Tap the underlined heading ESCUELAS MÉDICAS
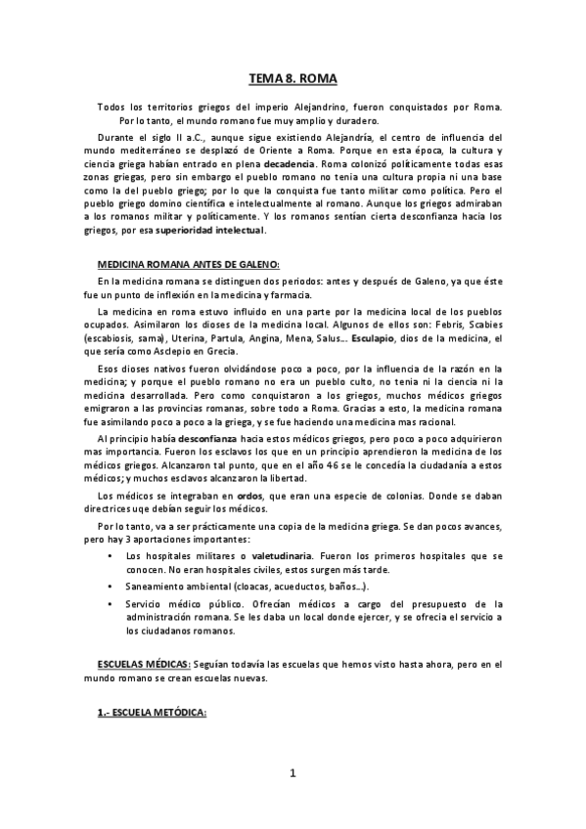point(136,664)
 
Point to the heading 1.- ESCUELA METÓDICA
point(152,713)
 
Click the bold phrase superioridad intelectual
point(210,231)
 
